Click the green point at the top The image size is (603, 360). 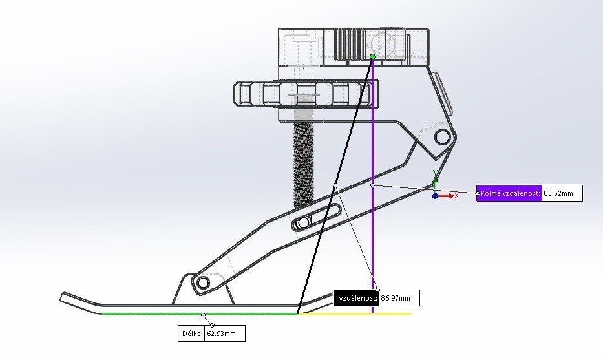click(372, 57)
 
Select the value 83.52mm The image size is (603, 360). click(562, 193)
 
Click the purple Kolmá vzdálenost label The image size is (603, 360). click(509, 193)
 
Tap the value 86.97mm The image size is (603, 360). click(396, 298)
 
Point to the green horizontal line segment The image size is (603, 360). click(194, 313)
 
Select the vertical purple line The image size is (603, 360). click(373, 246)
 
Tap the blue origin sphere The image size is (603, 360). click(435, 195)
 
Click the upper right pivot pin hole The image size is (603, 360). click(443, 137)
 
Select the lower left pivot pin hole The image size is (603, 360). click(203, 282)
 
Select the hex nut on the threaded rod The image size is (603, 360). click(304, 94)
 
